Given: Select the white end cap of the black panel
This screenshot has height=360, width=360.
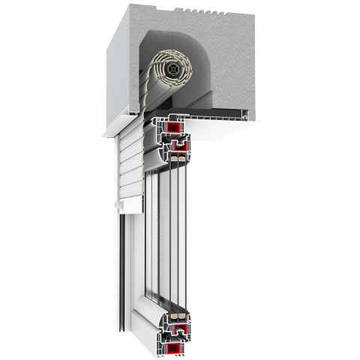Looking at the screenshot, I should [x=247, y=114].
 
